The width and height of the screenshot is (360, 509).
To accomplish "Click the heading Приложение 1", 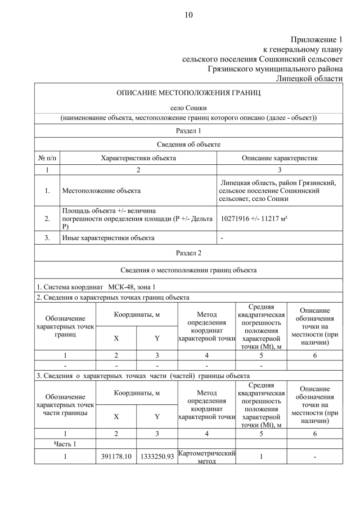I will [x=316, y=39].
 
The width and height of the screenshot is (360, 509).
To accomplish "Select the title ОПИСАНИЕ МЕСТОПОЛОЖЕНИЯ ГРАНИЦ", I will [x=188, y=93].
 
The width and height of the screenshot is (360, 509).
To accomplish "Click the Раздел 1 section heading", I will [x=188, y=131].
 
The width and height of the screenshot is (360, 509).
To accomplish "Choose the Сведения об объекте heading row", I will [x=188, y=145].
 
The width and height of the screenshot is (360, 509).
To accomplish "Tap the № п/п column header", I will [x=47, y=158].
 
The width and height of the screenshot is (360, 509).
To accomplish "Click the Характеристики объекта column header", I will [x=138, y=158].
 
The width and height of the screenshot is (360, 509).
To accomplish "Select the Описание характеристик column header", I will [x=280, y=158].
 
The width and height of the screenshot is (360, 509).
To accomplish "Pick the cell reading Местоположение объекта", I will [x=101, y=191].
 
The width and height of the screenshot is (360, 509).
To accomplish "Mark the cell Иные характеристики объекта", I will [x=108, y=238].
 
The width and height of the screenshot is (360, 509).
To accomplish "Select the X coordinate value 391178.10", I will [x=116, y=457].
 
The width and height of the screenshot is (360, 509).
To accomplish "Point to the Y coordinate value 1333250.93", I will [x=157, y=457].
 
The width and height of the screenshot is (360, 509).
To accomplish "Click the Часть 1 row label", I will [x=65, y=444].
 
